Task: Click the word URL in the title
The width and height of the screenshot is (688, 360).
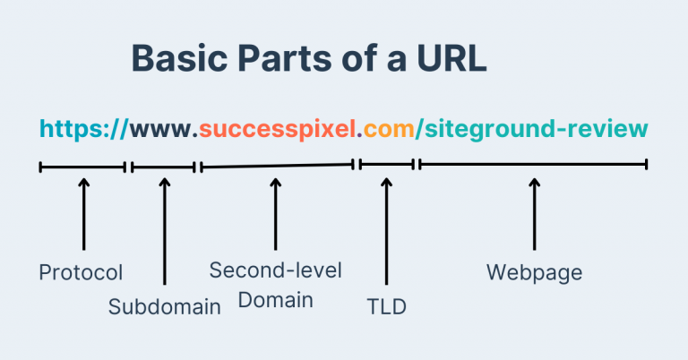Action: [x=451, y=58]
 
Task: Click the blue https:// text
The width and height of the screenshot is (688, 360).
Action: [x=84, y=129]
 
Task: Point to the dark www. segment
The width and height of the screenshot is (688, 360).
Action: [x=164, y=130]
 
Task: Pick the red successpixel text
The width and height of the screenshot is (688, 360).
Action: [x=278, y=130]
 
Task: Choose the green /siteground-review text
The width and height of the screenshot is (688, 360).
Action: [x=532, y=130]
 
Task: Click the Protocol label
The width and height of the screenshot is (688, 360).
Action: [x=81, y=272]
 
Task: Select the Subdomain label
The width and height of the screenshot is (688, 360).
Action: [x=165, y=306]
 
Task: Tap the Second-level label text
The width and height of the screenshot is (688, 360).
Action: [x=276, y=270]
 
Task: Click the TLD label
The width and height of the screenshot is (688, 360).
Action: [x=387, y=306]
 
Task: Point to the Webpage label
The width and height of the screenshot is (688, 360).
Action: [x=535, y=272]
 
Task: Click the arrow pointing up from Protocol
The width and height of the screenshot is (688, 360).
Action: [x=84, y=214]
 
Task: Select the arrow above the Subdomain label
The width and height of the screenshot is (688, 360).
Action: [x=165, y=231]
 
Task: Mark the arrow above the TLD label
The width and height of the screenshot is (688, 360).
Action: [x=387, y=231]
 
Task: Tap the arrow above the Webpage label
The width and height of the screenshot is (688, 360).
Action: [x=535, y=214]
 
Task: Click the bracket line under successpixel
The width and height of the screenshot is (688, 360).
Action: [x=278, y=166]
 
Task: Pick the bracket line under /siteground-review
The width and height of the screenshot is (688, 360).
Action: [x=533, y=165]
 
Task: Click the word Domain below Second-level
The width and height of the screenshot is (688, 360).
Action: [x=276, y=300]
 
